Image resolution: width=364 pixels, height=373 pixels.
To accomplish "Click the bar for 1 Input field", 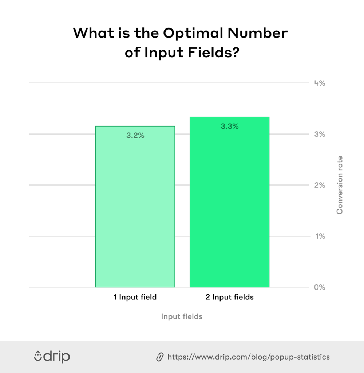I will (135, 206).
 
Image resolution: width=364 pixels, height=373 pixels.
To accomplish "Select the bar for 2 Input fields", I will (229, 202).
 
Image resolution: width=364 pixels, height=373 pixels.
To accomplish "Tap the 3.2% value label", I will (135, 136).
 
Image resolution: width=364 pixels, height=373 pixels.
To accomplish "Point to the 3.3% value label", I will (230, 127).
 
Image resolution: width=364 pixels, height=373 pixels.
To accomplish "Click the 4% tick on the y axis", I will (320, 83).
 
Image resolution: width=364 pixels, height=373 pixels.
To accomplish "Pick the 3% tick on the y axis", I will (320, 134).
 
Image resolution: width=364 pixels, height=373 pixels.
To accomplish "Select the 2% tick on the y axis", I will (320, 185).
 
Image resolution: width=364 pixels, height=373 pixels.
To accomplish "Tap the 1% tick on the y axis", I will (320, 236).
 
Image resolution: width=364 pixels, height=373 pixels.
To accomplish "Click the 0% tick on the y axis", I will (320, 287).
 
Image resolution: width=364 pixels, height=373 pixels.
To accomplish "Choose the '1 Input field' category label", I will (135, 297).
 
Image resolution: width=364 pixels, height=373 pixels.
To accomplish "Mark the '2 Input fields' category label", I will (229, 297).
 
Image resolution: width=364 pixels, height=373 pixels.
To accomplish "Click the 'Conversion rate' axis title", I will (340, 185).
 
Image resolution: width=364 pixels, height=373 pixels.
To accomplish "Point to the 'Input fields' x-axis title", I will (182, 316).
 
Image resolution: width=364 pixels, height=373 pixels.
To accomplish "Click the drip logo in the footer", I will (52, 356).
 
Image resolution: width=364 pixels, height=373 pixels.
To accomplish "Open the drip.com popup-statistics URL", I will (248, 357).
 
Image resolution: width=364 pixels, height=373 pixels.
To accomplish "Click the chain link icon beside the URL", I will (160, 357).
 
